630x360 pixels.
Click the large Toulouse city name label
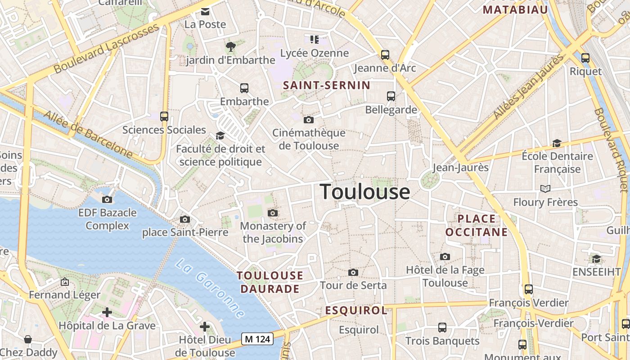tap(365, 192)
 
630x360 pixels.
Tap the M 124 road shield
tap(257, 339)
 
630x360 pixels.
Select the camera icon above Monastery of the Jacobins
tap(272, 213)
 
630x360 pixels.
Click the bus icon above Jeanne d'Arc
tap(385, 55)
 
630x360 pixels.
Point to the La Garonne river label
tap(210, 288)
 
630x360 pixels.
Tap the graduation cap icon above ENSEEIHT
tap(596, 259)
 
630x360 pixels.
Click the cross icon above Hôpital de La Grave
tap(107, 312)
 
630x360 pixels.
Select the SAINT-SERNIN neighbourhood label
tap(327, 85)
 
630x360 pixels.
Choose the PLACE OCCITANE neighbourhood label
tap(476, 225)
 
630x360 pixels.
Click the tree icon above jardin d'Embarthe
tap(231, 46)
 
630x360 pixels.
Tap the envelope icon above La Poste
tap(205, 11)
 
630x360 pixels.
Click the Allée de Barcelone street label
tap(89, 135)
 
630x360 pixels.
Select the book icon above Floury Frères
tap(545, 189)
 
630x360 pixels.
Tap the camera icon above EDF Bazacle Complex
tap(107, 199)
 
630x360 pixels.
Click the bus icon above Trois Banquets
tap(442, 328)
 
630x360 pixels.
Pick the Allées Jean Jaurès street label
tap(528, 87)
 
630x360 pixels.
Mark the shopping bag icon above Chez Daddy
tap(28, 339)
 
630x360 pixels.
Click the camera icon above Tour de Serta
tap(353, 272)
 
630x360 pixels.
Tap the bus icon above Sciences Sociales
tap(164, 117)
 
